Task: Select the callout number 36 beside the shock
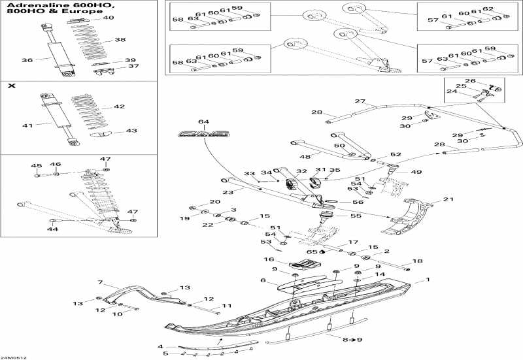click(x=27, y=60)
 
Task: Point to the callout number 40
click(x=109, y=18)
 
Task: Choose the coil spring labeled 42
click(x=88, y=108)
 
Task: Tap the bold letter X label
click(x=11, y=86)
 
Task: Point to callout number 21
click(x=448, y=199)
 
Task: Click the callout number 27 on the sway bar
click(x=360, y=101)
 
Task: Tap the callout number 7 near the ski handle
click(x=101, y=282)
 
